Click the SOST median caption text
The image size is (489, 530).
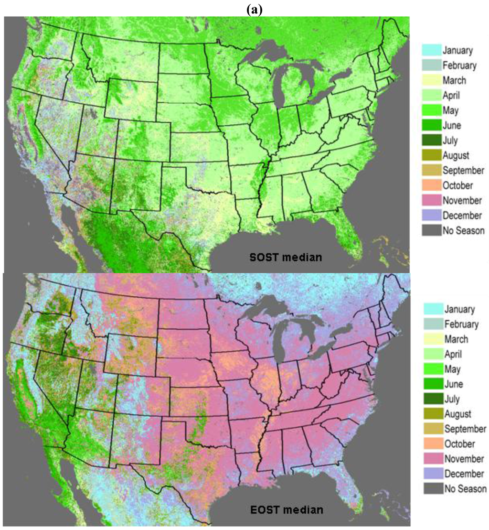pyautogui.click(x=286, y=257)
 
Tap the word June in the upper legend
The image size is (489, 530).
pyautogui.click(x=451, y=125)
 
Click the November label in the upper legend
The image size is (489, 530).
pyautogui.click(x=462, y=200)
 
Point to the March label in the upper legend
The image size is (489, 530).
pyautogui.click(x=454, y=80)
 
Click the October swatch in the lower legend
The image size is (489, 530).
pyautogui.click(x=432, y=443)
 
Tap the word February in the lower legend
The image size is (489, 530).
pyautogui.click(x=461, y=324)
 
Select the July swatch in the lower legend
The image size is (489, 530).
pyautogui.click(x=432, y=399)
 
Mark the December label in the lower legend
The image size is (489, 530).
pyautogui.click(x=464, y=474)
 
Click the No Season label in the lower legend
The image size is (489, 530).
pyautogui.click(x=465, y=488)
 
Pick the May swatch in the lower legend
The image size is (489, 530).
pyautogui.click(x=432, y=369)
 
